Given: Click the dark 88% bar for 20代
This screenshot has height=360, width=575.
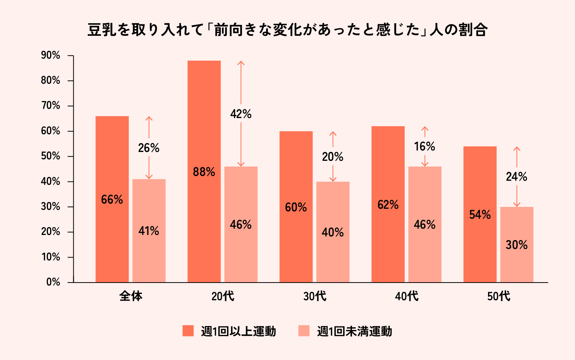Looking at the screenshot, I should pyautogui.click(x=204, y=172).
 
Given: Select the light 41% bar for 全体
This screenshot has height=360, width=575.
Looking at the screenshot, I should pyautogui.click(x=149, y=231).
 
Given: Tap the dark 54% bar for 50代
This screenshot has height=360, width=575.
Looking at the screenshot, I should pyautogui.click(x=480, y=214).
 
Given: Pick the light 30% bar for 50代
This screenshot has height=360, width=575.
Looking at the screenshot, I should pyautogui.click(x=516, y=245).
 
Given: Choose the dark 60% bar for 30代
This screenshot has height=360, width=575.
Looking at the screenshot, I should pyautogui.click(x=296, y=207).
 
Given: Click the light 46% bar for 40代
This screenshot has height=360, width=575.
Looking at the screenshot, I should pyautogui.click(x=425, y=224).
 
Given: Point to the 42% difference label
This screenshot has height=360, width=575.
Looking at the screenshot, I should pyautogui.click(x=241, y=114).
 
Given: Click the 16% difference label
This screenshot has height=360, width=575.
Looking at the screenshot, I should pyautogui.click(x=425, y=146).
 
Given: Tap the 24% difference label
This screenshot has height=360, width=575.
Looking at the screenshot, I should pyautogui.click(x=516, y=177).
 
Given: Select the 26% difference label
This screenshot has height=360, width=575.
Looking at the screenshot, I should pyautogui.click(x=149, y=148).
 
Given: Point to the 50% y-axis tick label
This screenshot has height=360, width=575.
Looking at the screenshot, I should pyautogui.click(x=50, y=156).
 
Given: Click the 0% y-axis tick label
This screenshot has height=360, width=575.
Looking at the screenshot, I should pyautogui.click(x=53, y=282).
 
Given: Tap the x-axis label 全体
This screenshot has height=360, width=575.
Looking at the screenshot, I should pyautogui.click(x=131, y=296).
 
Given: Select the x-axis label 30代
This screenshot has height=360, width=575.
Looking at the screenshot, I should pyautogui.click(x=315, y=296).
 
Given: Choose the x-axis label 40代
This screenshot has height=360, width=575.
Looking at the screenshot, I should pyautogui.click(x=407, y=296).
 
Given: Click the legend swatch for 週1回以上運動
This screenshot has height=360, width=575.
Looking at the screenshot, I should pyautogui.click(x=188, y=331).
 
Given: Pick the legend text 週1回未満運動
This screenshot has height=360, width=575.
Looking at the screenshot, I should pyautogui.click(x=355, y=331).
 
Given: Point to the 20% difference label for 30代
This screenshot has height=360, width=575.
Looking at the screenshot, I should pyautogui.click(x=332, y=157).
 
